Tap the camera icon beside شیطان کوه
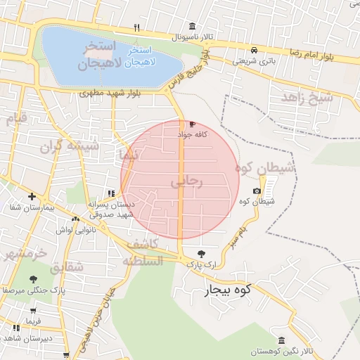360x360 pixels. point(257,191)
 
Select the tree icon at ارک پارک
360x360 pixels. point(202,254)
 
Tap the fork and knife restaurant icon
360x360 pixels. point(137,28)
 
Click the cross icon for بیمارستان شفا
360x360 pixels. point(32,196)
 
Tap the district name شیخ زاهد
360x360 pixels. point(307,98)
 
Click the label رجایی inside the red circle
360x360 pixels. point(186,181)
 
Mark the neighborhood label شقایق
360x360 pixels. point(67,267)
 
